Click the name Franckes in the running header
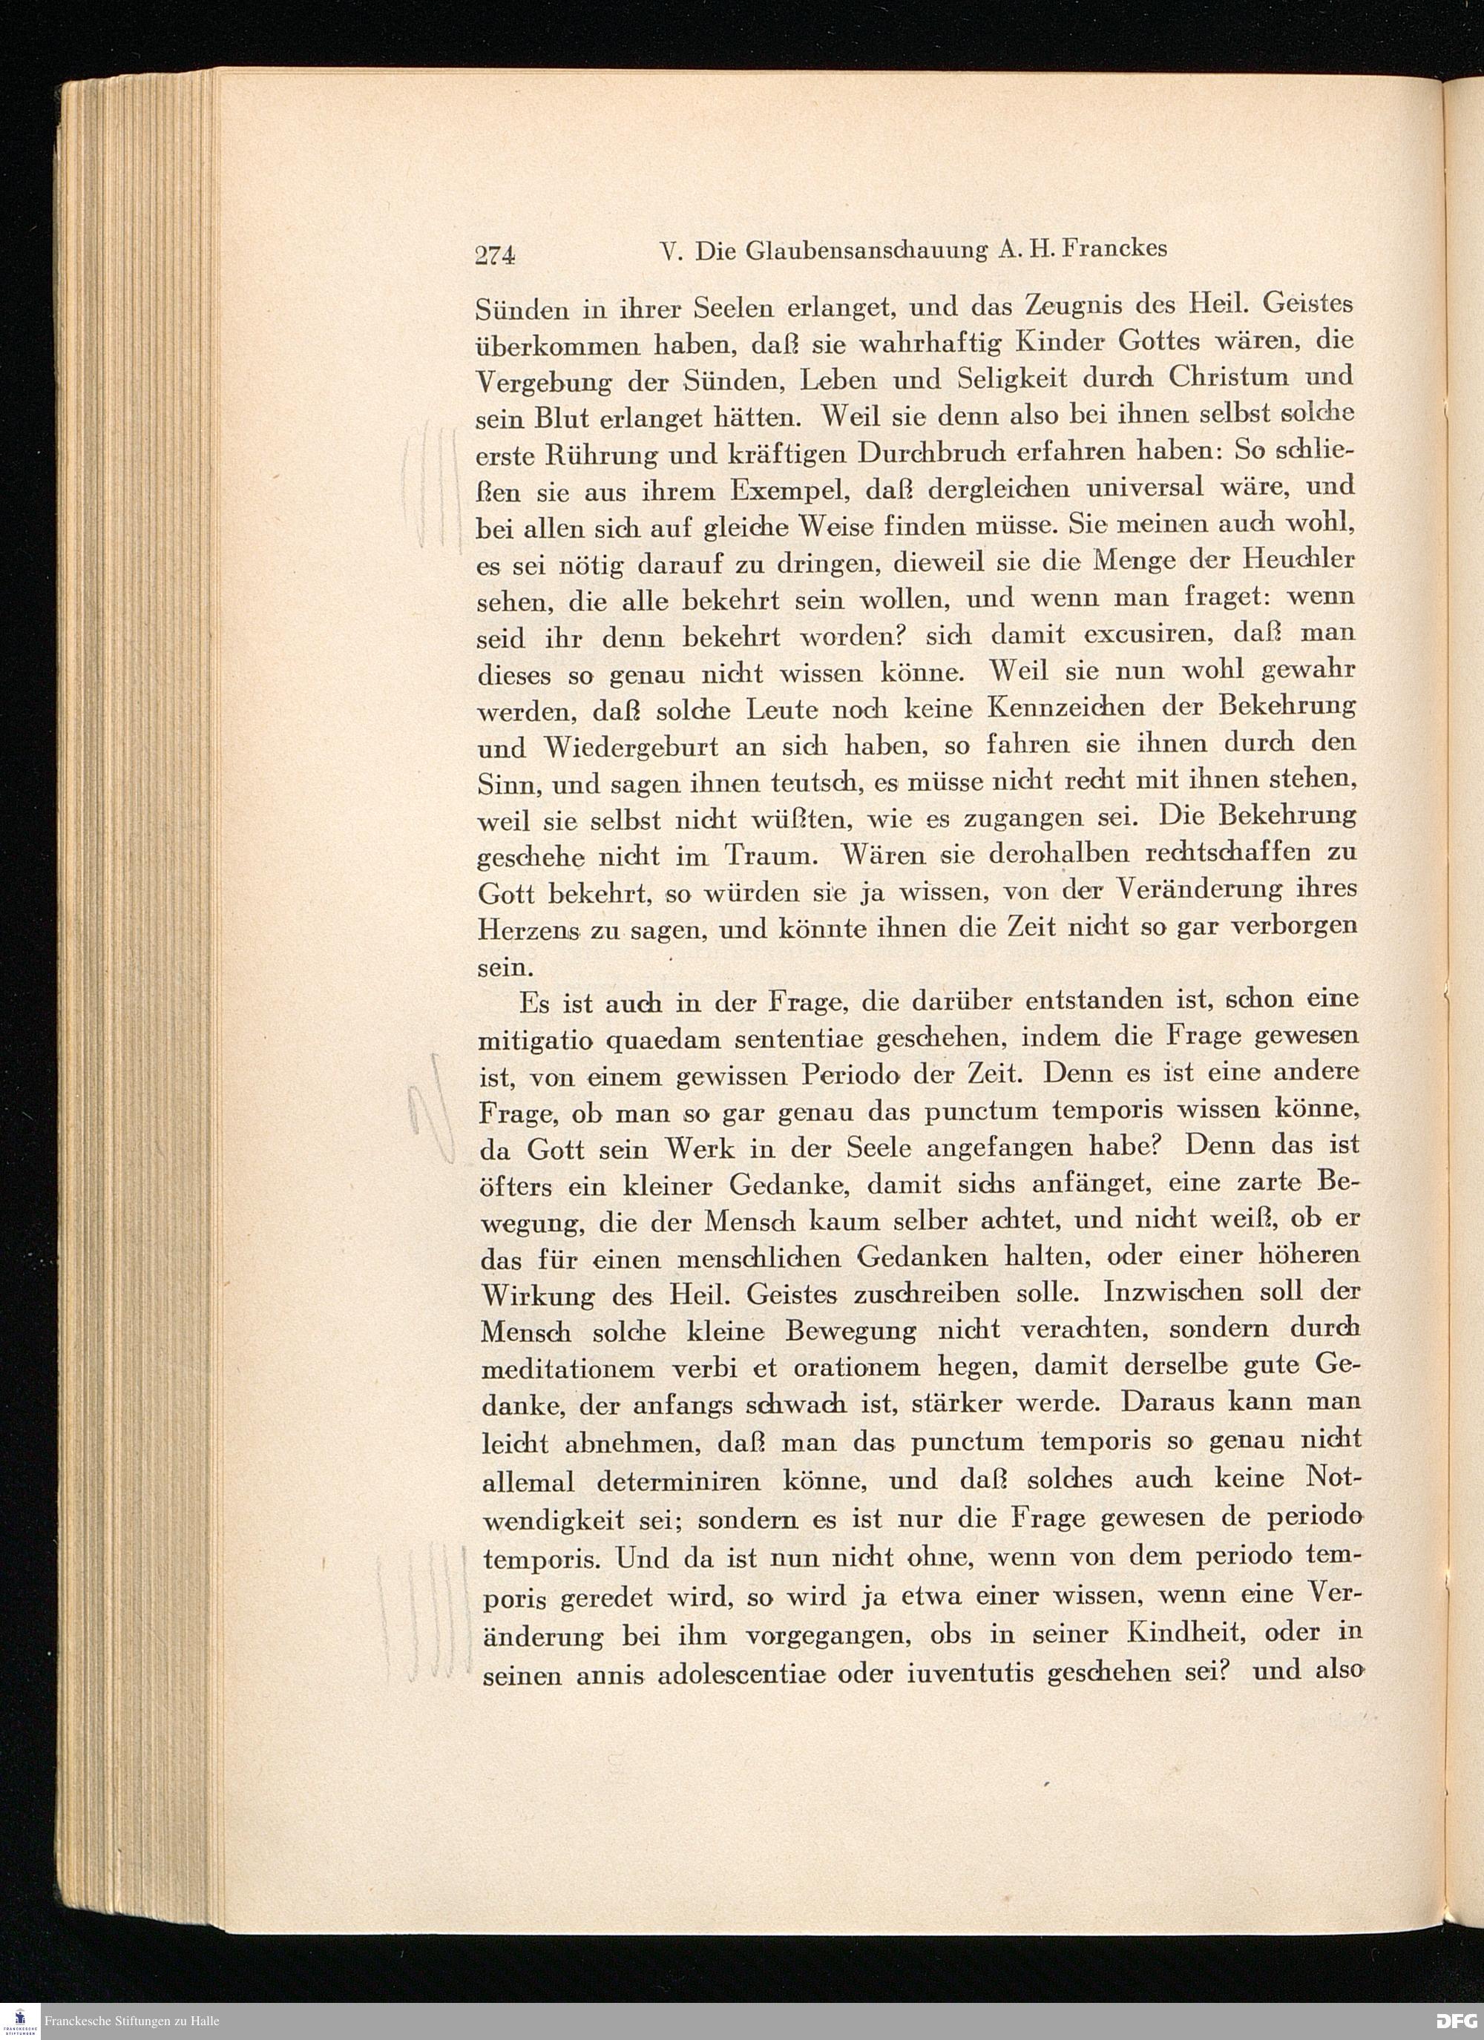1115,249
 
